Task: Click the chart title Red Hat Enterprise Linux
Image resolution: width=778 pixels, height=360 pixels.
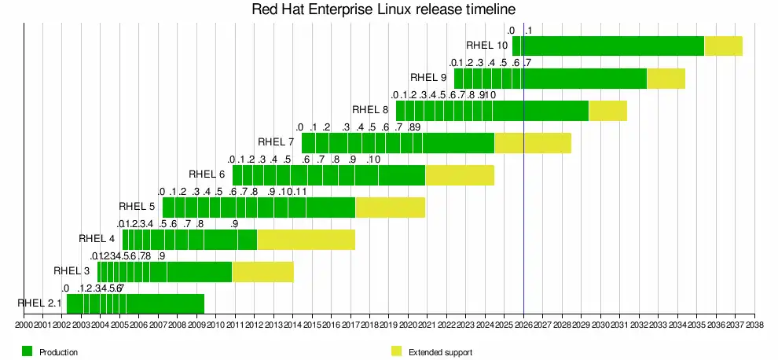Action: (x=384, y=10)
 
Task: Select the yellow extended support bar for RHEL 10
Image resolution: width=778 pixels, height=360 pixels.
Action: (x=723, y=46)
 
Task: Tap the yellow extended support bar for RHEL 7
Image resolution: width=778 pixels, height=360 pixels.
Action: (x=532, y=143)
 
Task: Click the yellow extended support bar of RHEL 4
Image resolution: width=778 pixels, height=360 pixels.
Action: (x=306, y=240)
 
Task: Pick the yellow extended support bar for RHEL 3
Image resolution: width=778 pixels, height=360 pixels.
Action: (x=262, y=272)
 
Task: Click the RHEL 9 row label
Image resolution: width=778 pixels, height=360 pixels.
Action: (x=428, y=78)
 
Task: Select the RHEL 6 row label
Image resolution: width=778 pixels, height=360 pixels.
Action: (x=207, y=174)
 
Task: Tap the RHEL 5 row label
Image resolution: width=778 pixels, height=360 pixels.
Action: (x=137, y=207)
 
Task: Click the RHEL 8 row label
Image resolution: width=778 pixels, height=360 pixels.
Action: (x=370, y=110)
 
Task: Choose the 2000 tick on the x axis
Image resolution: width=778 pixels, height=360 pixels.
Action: (x=24, y=324)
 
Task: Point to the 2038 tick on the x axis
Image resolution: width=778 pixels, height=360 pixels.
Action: (x=755, y=324)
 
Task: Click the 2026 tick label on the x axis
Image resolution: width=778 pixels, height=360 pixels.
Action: (x=524, y=324)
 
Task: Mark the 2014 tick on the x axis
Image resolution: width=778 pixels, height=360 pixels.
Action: (x=294, y=324)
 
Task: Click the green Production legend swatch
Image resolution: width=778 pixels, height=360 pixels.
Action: (x=27, y=351)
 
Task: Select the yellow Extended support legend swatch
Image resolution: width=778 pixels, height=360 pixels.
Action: (x=395, y=351)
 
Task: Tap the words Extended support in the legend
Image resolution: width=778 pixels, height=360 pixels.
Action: (x=440, y=352)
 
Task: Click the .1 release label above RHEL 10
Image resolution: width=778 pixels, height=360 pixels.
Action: (x=528, y=31)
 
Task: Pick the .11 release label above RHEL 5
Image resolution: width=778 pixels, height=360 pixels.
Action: (x=299, y=192)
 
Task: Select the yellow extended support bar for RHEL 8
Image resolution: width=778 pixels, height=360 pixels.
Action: (x=607, y=111)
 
